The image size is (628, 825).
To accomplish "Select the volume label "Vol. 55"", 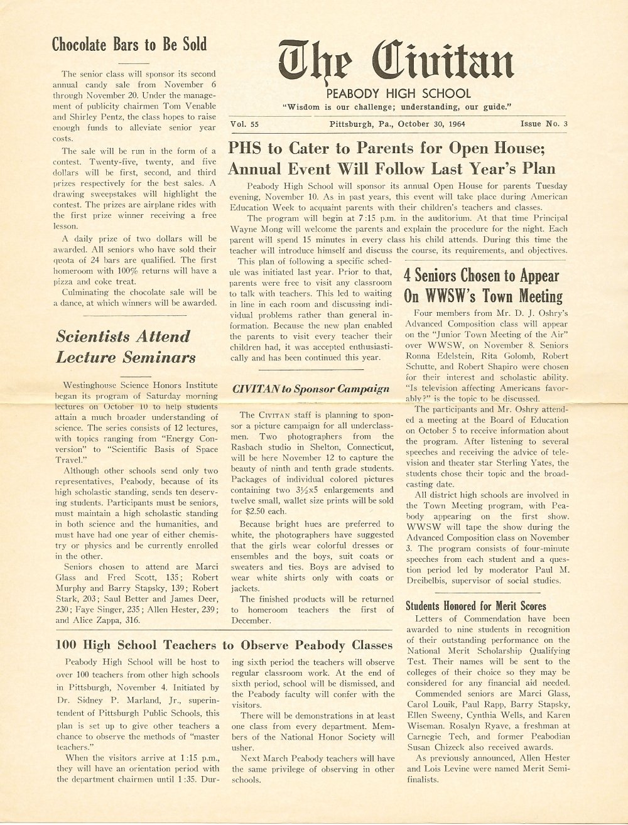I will click(x=245, y=124).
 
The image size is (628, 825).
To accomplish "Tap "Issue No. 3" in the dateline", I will click(x=544, y=124).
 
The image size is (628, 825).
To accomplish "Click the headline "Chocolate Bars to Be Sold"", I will click(x=129, y=45).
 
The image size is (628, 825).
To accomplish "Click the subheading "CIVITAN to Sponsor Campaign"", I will click(x=311, y=389).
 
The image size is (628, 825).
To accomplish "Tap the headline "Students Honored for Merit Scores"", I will click(x=476, y=606).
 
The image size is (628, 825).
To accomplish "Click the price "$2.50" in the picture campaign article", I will click(x=255, y=511).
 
